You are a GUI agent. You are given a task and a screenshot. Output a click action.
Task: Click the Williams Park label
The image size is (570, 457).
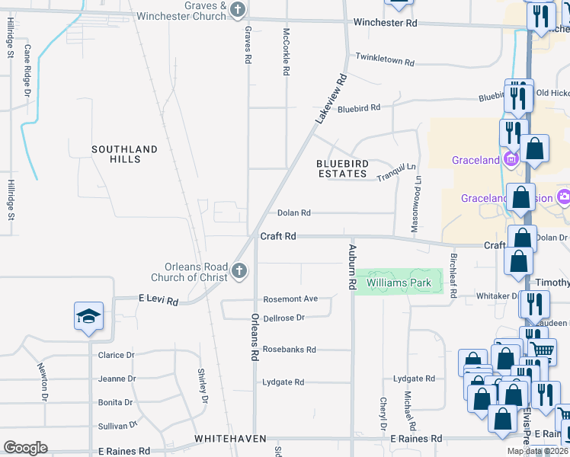click(x=399, y=283)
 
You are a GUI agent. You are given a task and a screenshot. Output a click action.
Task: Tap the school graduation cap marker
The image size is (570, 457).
click(x=88, y=316)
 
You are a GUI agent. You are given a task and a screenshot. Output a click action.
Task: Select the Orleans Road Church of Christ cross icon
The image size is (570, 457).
click(x=239, y=270)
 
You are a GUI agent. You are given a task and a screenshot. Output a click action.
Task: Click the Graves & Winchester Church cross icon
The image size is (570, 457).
click(x=238, y=10)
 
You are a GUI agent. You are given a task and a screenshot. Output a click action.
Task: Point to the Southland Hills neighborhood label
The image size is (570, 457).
click(x=124, y=154)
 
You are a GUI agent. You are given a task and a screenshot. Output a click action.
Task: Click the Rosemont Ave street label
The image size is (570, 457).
click(x=290, y=299)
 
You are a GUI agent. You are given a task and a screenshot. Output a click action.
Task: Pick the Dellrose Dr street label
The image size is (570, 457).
click(x=283, y=318)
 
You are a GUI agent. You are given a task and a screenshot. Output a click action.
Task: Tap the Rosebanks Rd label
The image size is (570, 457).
click(x=289, y=350)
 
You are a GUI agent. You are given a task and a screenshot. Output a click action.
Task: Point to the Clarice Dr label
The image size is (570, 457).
click(x=116, y=355)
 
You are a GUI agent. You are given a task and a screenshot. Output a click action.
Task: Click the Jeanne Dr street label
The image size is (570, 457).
click(x=116, y=379)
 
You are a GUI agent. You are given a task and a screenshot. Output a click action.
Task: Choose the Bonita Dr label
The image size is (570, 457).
click(x=116, y=402)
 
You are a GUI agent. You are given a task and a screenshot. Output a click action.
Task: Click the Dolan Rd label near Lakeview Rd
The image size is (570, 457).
click(x=293, y=213)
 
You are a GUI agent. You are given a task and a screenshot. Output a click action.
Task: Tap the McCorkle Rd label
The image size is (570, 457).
click(x=287, y=52)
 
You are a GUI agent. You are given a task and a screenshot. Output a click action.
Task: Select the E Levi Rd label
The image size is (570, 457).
click(x=158, y=302)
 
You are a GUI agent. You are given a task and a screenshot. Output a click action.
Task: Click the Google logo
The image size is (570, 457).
click(x=25, y=448)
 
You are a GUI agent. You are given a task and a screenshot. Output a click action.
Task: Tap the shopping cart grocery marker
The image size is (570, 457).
click(x=541, y=350)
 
